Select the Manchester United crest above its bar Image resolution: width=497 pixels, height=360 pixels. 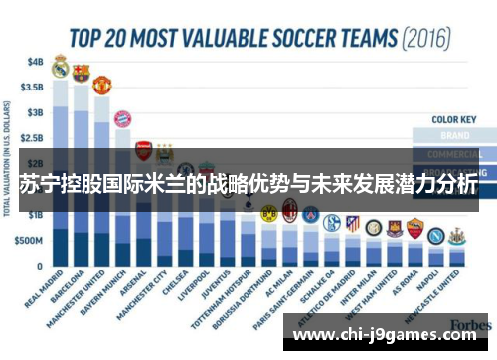click(101, 84)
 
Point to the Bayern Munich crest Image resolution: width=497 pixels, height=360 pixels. click(122, 120)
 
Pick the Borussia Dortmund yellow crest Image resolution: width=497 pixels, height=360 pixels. click(268, 212)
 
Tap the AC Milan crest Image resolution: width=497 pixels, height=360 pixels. click(289, 209)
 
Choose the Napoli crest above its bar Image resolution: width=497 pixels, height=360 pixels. click(435, 236)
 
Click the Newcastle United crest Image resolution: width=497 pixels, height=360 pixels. click(456, 237)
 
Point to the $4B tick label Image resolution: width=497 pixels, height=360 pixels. click(35, 60)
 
